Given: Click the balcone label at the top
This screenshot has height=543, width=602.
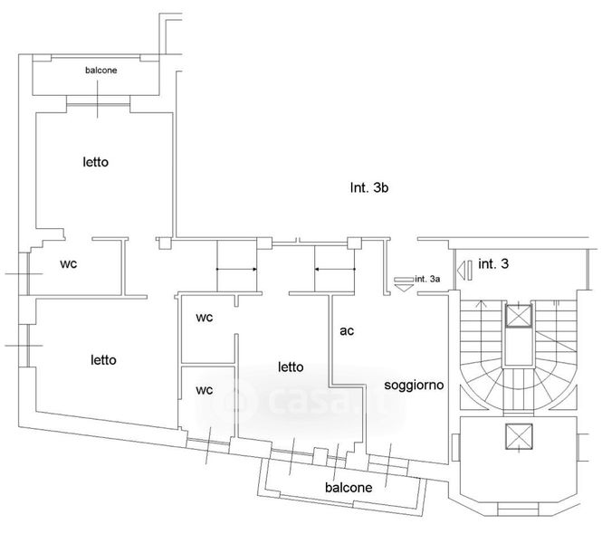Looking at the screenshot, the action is pyautogui.click(x=100, y=70).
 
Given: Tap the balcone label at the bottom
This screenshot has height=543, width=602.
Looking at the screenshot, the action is pyautogui.click(x=349, y=487).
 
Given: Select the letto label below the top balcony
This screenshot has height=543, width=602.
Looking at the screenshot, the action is pyautogui.click(x=95, y=163).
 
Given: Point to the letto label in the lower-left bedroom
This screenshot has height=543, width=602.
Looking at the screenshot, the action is pyautogui.click(x=103, y=359).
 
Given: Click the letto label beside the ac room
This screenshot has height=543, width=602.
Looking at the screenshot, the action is pyautogui.click(x=291, y=367).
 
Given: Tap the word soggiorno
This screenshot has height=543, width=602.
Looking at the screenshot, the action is pyautogui.click(x=414, y=385).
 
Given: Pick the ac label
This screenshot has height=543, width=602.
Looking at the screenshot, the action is pyautogui.click(x=347, y=331).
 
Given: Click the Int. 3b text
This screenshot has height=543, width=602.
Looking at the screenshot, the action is pyautogui.click(x=369, y=189).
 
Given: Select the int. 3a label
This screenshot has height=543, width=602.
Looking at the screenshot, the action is pyautogui.click(x=427, y=279).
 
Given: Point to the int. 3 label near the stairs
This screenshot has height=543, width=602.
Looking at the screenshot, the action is pyautogui.click(x=494, y=264).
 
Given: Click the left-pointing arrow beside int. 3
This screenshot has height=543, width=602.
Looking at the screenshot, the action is pyautogui.click(x=465, y=269).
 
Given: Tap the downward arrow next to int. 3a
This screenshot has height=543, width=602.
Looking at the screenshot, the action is pyautogui.click(x=402, y=281).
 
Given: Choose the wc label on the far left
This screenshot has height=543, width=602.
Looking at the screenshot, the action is pyautogui.click(x=68, y=264).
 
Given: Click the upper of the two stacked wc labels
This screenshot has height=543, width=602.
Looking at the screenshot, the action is pyautogui.click(x=205, y=319).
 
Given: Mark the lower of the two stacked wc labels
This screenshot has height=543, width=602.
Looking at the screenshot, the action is pyautogui.click(x=205, y=390).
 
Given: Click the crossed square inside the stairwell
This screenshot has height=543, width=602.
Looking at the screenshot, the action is pyautogui.click(x=518, y=316).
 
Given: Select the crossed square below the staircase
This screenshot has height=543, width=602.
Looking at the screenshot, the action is pyautogui.click(x=518, y=437).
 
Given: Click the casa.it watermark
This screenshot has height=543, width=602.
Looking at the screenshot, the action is pyautogui.click(x=312, y=398).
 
